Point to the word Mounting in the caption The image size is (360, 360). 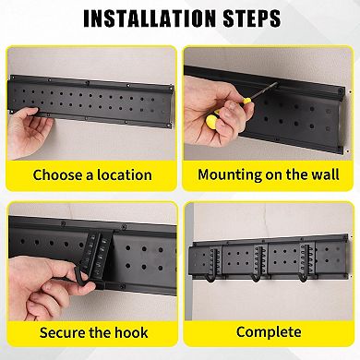232,174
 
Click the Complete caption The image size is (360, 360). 268,331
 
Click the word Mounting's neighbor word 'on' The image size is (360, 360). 273,174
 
